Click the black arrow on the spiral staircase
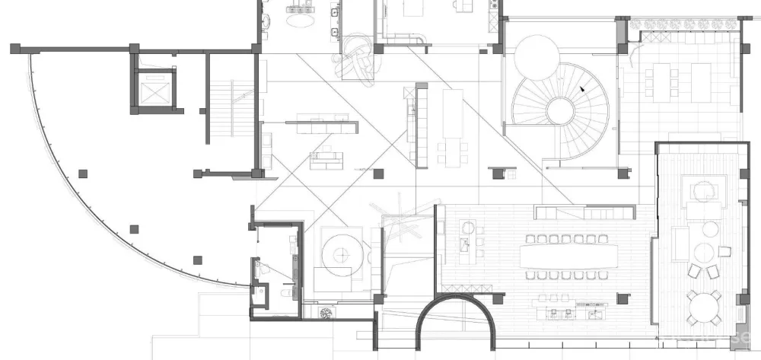point(583,88)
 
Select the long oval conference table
point(570,254)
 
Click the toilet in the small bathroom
point(263,268)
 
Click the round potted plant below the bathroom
point(326,312)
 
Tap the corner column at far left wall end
point(15,49)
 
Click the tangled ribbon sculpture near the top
point(361,58)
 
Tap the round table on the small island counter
point(469,227)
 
